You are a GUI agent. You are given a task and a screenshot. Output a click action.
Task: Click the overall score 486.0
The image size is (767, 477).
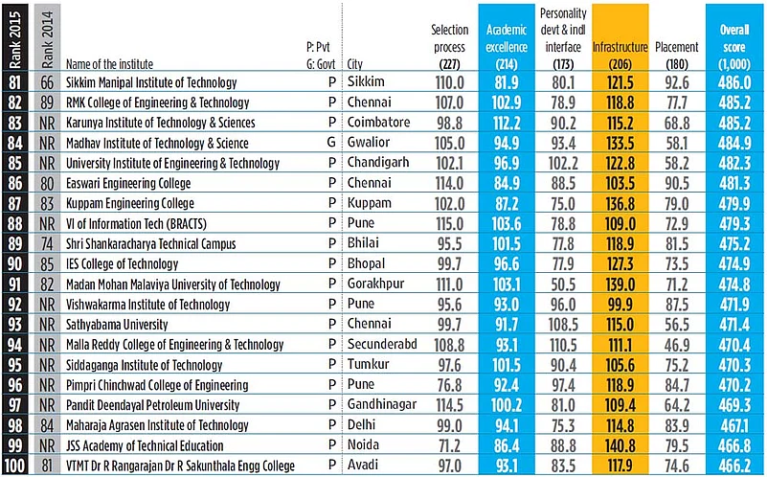[733, 82]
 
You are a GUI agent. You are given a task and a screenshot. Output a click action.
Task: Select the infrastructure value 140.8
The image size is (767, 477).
[620, 445]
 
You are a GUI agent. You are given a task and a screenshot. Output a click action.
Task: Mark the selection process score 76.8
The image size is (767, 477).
[449, 385]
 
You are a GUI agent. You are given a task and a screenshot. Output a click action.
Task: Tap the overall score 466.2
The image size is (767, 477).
[733, 466]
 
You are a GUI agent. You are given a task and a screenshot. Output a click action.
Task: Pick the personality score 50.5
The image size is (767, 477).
[563, 284]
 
